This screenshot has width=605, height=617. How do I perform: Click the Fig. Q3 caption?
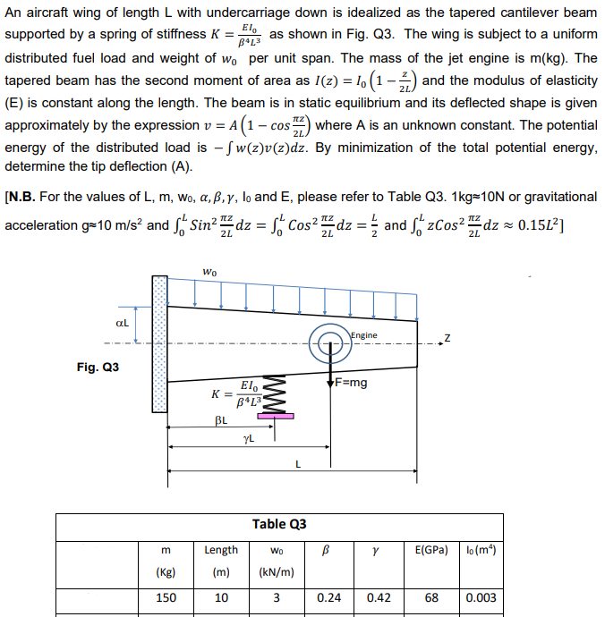[98, 368]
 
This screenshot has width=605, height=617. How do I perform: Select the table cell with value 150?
[166, 597]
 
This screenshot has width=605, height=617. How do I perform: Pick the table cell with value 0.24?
[332, 597]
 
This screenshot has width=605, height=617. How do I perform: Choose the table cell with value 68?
[431, 597]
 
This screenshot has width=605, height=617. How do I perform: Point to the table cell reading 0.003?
[481, 597]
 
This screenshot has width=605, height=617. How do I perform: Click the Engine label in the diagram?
[364, 335]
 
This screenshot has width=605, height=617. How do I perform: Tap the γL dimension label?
[249, 437]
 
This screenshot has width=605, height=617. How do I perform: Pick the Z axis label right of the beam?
[447, 338]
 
